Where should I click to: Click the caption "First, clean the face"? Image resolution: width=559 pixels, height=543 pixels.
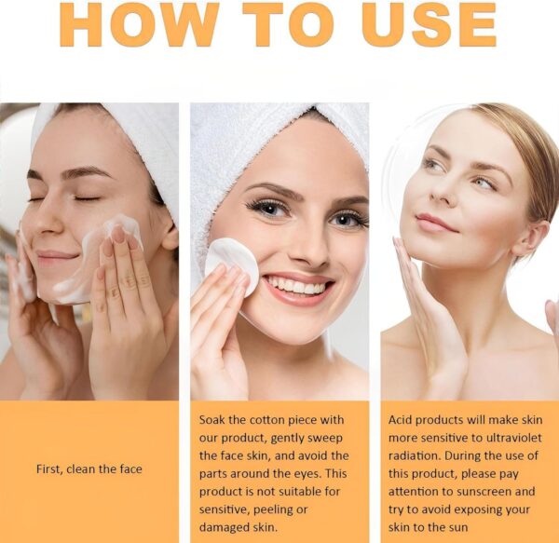click(89, 468)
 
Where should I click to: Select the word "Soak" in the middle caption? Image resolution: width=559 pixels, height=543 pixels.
click(211, 420)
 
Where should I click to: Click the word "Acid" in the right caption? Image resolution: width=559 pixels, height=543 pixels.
click(400, 420)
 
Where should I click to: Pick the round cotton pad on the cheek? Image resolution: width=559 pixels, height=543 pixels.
click(232, 265)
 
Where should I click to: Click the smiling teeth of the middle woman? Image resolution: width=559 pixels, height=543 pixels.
click(296, 285)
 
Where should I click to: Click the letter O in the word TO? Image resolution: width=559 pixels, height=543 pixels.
click(311, 24)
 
